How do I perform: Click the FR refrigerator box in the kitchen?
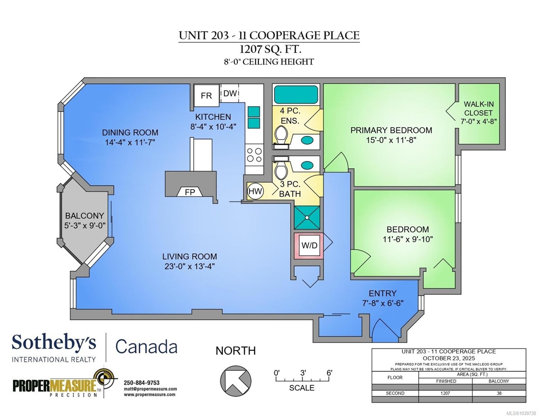tap(206, 96)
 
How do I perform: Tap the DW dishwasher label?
tap(230, 93)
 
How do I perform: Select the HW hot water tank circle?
tap(255, 191)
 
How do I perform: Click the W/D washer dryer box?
tap(309, 246)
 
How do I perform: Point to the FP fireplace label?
tap(190, 192)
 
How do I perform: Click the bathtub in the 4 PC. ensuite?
tap(296, 94)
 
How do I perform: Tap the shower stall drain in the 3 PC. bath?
tap(307, 218)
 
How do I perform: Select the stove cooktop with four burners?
tap(254, 155)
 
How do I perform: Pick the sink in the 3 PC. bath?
tap(307, 165)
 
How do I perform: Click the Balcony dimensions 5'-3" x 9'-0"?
tap(85, 226)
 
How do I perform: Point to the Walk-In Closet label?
tap(478, 108)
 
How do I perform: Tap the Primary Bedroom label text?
tap(391, 130)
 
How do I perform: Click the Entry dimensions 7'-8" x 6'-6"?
tap(383, 303)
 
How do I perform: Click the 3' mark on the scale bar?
tap(303, 373)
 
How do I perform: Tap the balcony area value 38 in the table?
tap(499, 393)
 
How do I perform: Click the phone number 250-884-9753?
tap(142, 383)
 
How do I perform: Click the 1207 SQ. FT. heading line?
tap(270, 49)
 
